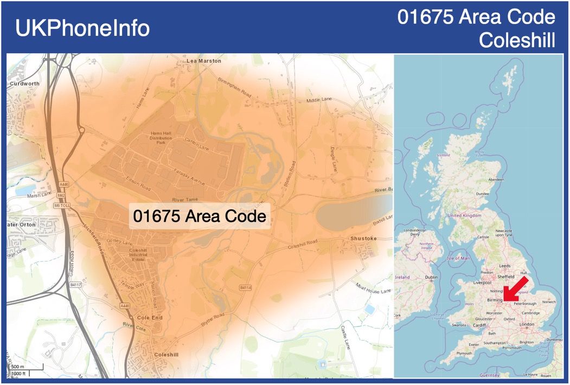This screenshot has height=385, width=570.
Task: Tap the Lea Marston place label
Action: tap(204, 61)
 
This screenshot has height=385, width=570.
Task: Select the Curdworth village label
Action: tap(24, 84)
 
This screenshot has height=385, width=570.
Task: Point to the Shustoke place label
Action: tap(363, 239)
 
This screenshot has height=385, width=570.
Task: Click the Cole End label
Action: tap(150, 317)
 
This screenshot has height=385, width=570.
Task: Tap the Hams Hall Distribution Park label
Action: tap(161, 138)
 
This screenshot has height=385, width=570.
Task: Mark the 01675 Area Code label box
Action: tap(200, 216)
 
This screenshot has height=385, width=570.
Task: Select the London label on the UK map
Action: tap(527, 324)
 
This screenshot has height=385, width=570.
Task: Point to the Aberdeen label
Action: tap(496, 179)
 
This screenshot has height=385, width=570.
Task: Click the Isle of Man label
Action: tap(458, 258)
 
